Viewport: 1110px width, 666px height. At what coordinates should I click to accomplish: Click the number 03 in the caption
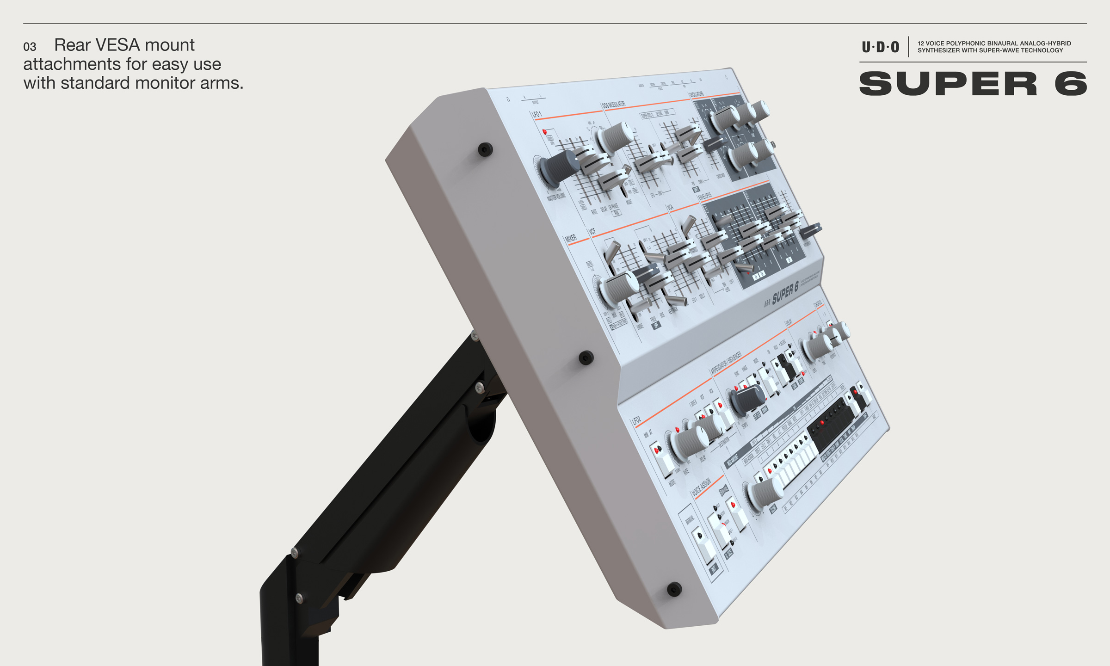coord(30,47)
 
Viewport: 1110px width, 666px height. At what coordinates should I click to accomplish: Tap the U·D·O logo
coord(880,47)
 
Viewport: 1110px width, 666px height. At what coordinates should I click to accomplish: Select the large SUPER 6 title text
coord(973,84)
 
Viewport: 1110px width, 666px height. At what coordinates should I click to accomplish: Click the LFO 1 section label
coord(536,114)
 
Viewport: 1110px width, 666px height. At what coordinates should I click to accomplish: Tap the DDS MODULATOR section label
coord(613,105)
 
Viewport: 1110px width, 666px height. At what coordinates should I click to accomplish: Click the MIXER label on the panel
coord(571,238)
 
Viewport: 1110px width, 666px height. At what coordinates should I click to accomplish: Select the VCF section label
coord(592,231)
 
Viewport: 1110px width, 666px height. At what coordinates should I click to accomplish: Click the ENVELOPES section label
coord(705,197)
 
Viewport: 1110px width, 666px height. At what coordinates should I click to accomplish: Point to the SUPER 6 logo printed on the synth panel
coord(785,294)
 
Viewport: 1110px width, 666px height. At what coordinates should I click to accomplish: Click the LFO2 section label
coord(636,420)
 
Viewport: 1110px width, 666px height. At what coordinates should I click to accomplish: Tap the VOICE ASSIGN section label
coord(701,487)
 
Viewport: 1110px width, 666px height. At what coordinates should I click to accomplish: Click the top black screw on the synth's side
coord(485,149)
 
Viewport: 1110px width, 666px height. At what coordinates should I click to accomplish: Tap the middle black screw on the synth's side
coord(586,358)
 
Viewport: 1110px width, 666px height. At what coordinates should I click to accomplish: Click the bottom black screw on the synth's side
coord(674,589)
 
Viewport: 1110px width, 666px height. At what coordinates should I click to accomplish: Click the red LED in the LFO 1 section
coord(544,132)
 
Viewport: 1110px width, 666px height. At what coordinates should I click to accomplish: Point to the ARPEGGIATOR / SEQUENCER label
coord(726,363)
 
